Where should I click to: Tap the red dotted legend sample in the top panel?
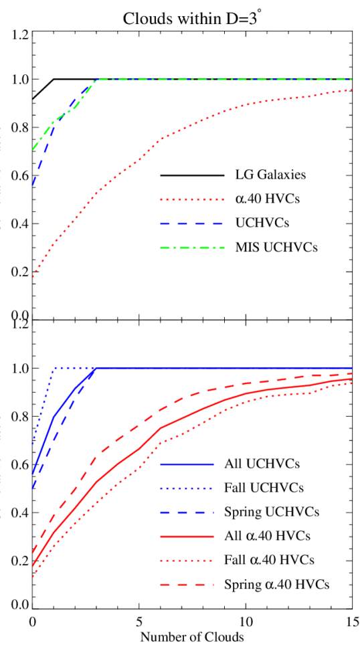tap(191, 199)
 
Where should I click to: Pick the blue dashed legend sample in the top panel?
tap(191, 223)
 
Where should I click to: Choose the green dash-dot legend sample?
tap(191, 248)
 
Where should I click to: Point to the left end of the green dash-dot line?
tap(32, 149)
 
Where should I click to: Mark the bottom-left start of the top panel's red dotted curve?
tap(32, 276)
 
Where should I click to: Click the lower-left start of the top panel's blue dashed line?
tap(32, 184)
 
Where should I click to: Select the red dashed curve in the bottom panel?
tap(161, 409)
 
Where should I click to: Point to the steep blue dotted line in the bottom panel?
tap(42, 405)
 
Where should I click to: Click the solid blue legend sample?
tap(187, 464)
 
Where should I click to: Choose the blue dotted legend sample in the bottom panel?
tap(187, 488)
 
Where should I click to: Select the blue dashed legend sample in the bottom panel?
tap(187, 512)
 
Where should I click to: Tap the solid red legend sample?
tap(187, 537)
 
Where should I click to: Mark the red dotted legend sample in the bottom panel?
tap(187, 561)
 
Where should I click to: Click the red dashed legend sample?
tap(187, 585)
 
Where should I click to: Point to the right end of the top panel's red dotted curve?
tap(352, 89)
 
